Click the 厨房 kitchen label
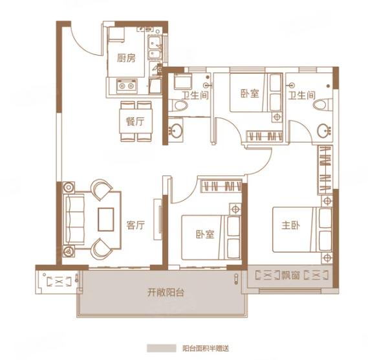(x=126, y=58)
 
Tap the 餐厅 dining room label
(x=135, y=122)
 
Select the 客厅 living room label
(x=135, y=225)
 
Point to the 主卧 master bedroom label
(x=291, y=225)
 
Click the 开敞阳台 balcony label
(x=166, y=292)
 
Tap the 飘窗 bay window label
(x=290, y=275)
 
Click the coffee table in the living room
(x=106, y=219)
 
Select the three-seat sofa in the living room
(x=74, y=220)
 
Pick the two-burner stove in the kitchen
(x=127, y=85)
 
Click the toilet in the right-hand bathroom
(x=322, y=105)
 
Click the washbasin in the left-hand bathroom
(x=175, y=130)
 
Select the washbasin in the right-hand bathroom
(x=324, y=130)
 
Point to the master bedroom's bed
(x=302, y=229)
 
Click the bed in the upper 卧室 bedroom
(x=256, y=93)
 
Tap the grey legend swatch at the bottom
(x=162, y=348)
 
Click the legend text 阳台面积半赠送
(x=206, y=348)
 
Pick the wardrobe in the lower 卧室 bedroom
(x=221, y=186)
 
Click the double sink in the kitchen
(x=155, y=47)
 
